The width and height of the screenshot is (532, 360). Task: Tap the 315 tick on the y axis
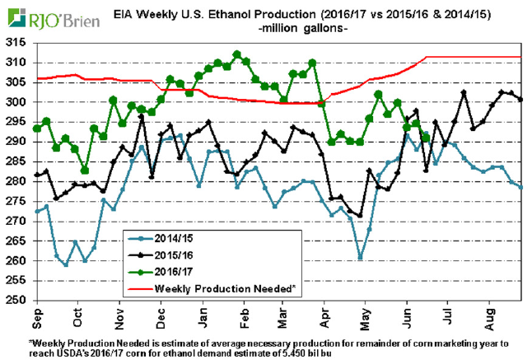tap(16, 43)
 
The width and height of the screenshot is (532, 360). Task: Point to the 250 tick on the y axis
tap(16, 300)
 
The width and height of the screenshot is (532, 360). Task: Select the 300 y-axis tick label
tap(16, 102)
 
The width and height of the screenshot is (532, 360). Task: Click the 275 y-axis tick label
tap(16, 201)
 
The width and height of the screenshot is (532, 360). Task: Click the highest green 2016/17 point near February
tap(237, 54)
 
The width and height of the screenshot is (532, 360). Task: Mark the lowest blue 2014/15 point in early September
tap(66, 264)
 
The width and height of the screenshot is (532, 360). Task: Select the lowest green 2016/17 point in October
tap(85, 170)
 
